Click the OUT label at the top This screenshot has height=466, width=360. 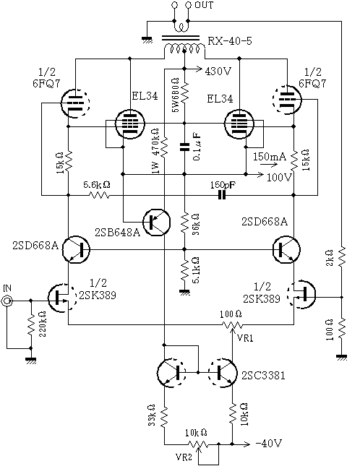(x=204, y=5)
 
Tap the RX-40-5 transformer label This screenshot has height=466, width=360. (x=229, y=40)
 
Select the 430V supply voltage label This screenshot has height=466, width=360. (x=218, y=72)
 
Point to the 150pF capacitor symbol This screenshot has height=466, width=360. (x=222, y=195)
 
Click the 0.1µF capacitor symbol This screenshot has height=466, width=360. (x=184, y=147)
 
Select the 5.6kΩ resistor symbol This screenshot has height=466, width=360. (x=99, y=195)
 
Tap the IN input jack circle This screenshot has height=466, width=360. (x=7, y=301)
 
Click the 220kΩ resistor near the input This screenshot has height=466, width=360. (x=31, y=324)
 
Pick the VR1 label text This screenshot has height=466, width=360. (x=245, y=338)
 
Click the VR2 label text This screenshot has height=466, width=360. (x=184, y=457)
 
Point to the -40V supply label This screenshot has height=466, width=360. (x=269, y=444)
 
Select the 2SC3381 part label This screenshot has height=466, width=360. (x=263, y=376)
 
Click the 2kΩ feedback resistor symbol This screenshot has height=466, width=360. (x=342, y=256)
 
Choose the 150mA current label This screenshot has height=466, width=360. (x=270, y=156)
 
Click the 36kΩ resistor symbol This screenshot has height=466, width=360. (x=184, y=223)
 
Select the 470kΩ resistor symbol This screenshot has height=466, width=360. (x=164, y=147)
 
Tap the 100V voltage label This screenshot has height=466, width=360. (x=280, y=178)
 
